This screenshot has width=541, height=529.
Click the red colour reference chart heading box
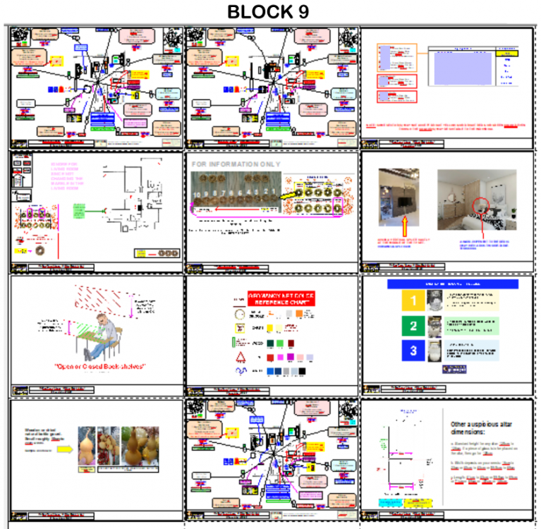click(x=280, y=298)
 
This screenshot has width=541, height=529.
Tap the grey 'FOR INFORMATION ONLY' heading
click(x=236, y=164)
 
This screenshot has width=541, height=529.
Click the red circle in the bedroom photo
click(x=481, y=206)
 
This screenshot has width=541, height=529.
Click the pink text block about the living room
click(x=68, y=176)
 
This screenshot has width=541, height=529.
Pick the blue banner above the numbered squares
click(x=451, y=284)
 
